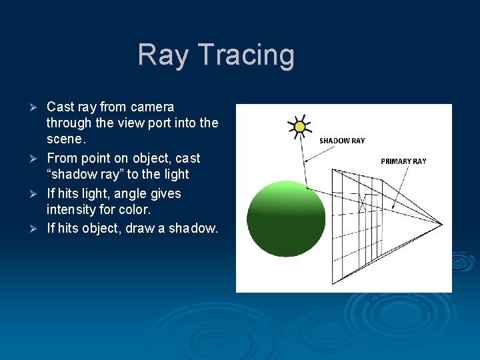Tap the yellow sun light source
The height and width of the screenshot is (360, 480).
pyautogui.click(x=299, y=127)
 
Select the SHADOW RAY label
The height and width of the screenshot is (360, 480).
pyautogui.click(x=342, y=141)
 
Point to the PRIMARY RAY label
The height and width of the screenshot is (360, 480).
pyautogui.click(x=403, y=161)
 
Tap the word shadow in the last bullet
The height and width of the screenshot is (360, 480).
pyautogui.click(x=191, y=228)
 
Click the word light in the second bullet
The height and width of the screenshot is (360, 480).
pyautogui.click(x=176, y=175)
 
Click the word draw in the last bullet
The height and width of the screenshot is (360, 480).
pyautogui.click(x=141, y=228)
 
